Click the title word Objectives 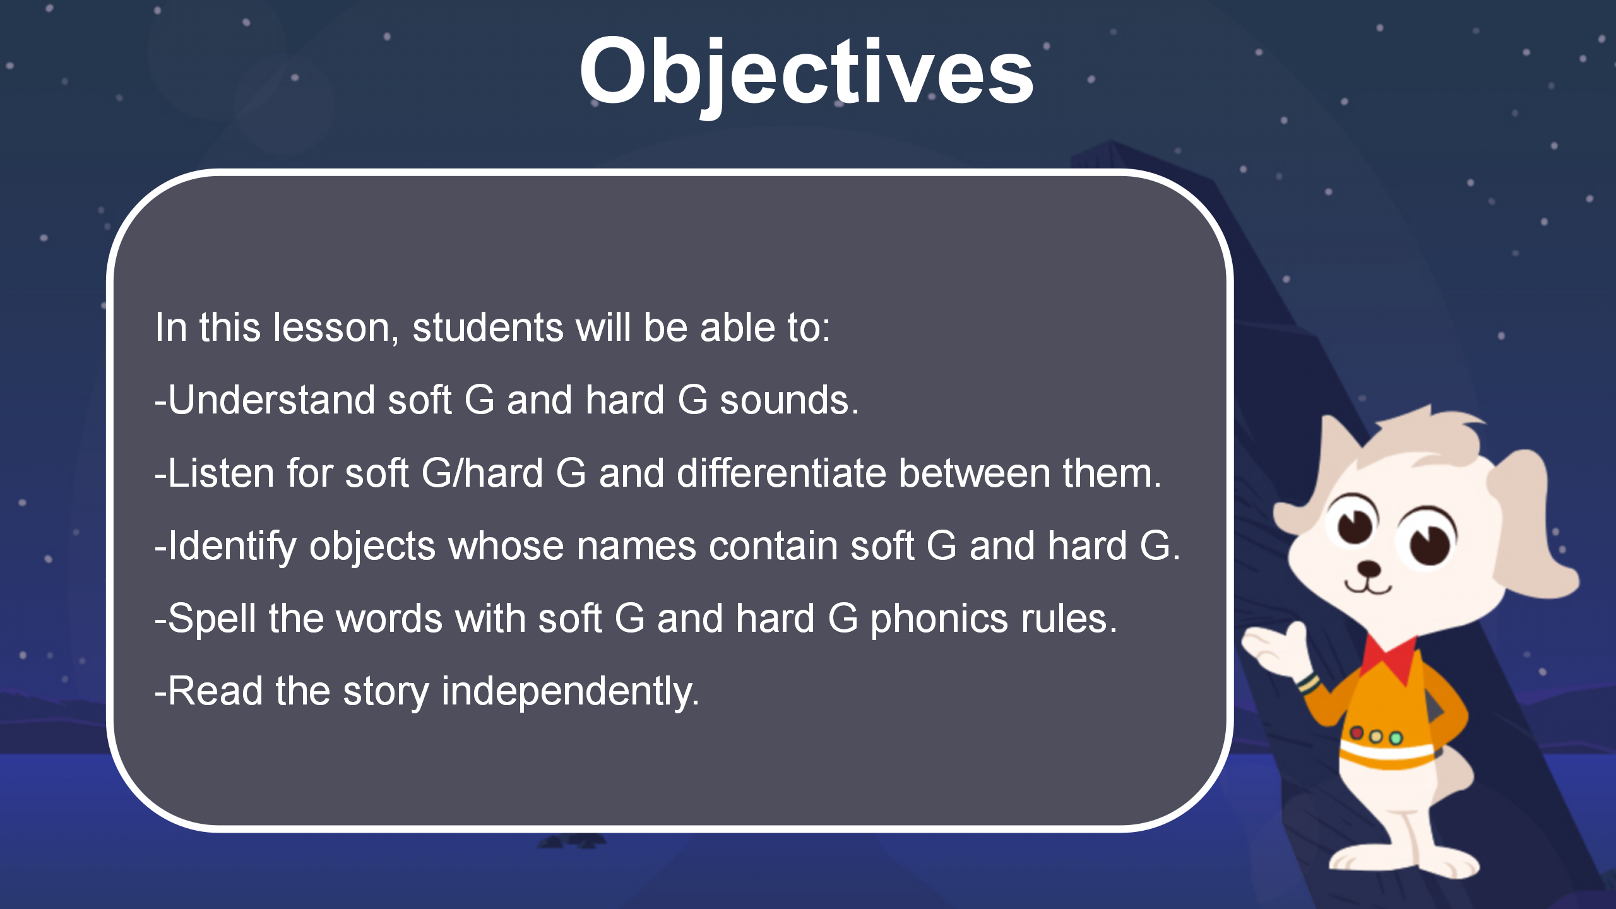806,73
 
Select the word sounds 790,401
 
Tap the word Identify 232,547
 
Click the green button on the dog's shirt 1396,738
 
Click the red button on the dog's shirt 1357,733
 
